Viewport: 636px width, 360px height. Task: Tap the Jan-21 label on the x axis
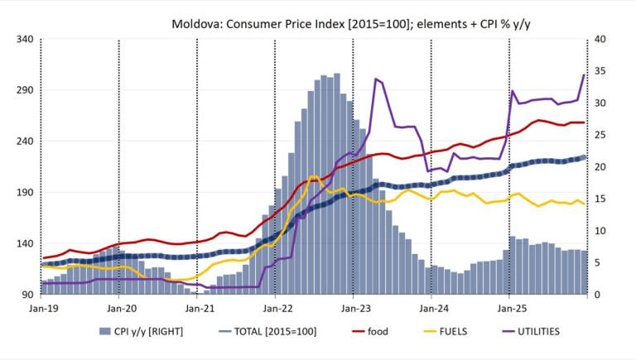(x=198, y=309)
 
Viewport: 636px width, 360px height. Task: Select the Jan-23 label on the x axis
(x=354, y=309)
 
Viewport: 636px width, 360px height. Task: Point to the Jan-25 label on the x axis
(x=509, y=309)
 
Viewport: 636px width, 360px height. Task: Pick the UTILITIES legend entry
(x=533, y=332)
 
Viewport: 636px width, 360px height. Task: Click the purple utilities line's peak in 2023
(x=376, y=79)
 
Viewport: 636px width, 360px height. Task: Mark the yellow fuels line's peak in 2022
(x=312, y=176)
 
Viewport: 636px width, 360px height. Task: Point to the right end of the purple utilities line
(x=585, y=75)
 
